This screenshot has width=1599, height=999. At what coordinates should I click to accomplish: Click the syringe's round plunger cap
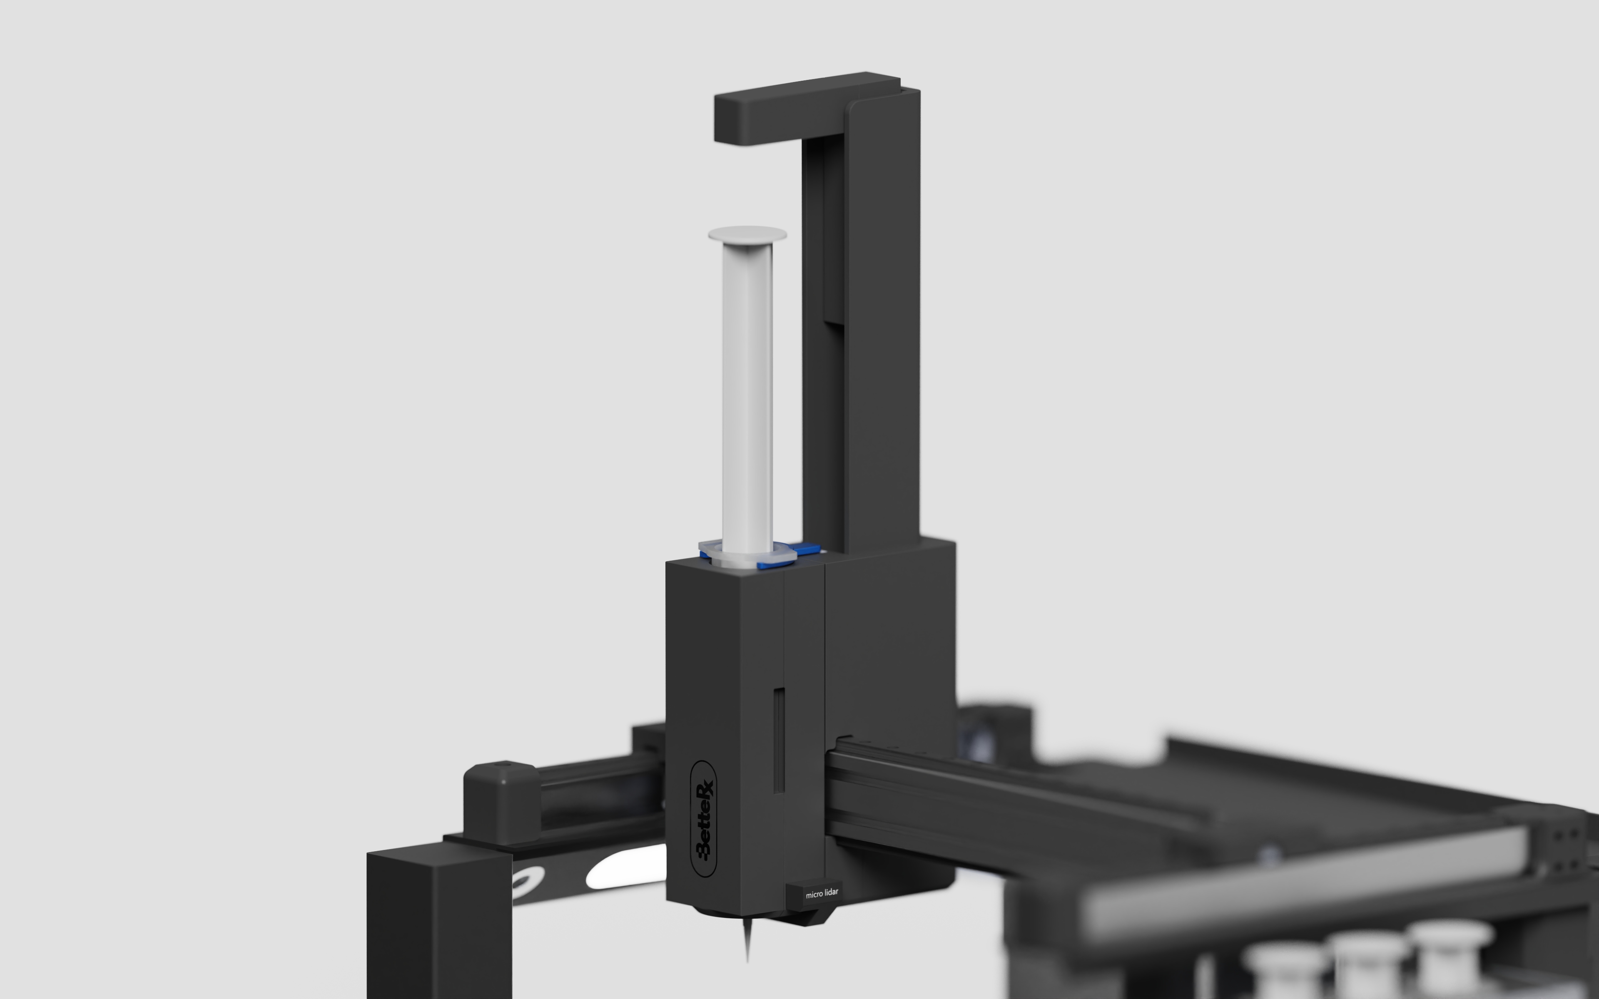[x=747, y=234]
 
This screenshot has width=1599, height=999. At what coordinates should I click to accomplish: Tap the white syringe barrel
[x=747, y=396]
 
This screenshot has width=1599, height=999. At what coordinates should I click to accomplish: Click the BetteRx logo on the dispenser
[x=704, y=819]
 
